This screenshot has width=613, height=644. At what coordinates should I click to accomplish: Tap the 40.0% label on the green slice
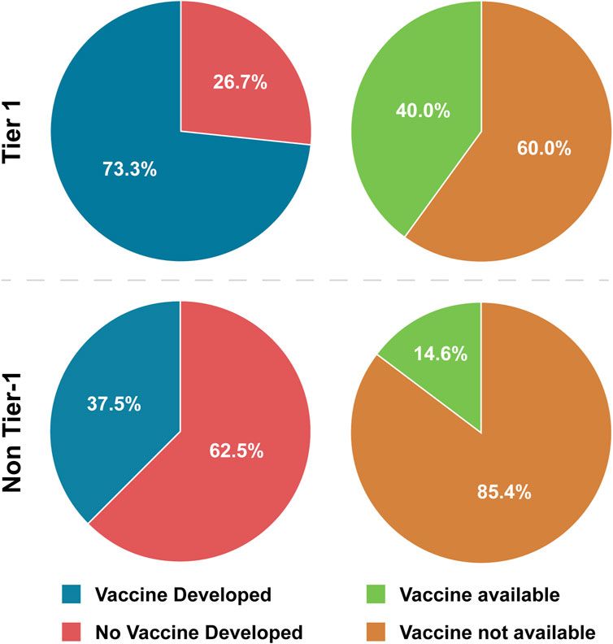coord(423,111)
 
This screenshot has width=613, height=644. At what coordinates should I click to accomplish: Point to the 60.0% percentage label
coord(544,149)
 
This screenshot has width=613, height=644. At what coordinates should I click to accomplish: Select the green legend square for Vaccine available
coord(375,595)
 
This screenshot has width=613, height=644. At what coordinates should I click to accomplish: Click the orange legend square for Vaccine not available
coord(375,631)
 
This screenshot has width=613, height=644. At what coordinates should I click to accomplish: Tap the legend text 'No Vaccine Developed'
coord(199,632)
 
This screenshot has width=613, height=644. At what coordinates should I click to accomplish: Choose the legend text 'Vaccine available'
coord(480,595)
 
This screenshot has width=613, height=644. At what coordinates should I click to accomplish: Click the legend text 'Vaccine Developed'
coord(183,595)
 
